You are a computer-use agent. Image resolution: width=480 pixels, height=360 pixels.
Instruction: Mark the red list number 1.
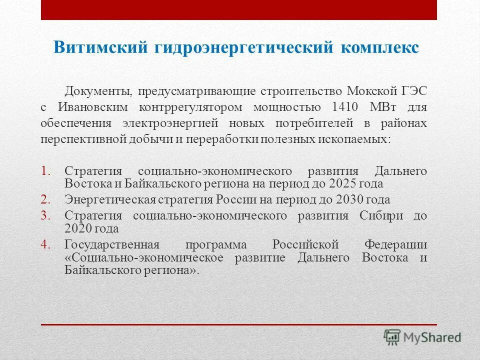46,170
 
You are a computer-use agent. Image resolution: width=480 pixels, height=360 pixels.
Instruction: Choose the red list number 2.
46,199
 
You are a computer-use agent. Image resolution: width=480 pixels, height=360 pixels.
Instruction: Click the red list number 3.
46,215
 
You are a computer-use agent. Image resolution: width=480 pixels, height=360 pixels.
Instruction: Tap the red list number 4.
46,244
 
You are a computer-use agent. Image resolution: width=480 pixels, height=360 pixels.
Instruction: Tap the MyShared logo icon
392,337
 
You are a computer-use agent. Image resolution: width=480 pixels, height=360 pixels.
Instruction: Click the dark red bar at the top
239,9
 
